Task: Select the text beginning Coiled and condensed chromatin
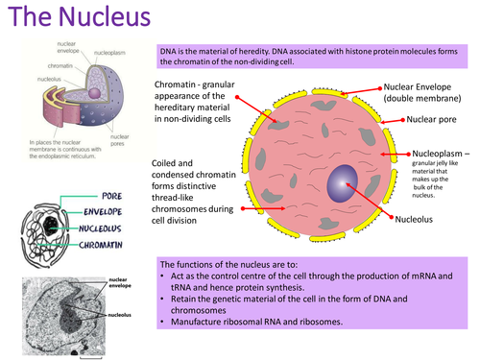pyautogui.click(x=195, y=192)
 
